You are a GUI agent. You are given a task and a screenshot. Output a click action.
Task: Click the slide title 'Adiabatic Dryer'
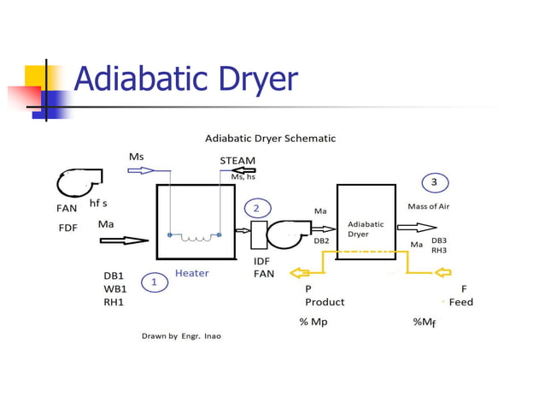pos(185,80)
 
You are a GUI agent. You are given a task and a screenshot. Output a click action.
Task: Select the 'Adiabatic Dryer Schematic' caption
pos(270,138)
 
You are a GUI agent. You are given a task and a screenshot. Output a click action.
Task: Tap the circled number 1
pos(155,282)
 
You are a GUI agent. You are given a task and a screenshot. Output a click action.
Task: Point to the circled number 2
pos(257,208)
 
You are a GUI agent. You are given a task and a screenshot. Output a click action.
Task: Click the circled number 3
pos(434,182)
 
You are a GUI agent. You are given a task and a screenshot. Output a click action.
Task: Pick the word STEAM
pos(237,160)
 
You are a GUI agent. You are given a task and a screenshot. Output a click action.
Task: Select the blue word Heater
pos(191,273)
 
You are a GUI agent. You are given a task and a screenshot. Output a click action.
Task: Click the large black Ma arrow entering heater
pos(123,240)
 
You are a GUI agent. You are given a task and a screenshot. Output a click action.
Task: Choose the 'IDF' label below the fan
pos(262,260)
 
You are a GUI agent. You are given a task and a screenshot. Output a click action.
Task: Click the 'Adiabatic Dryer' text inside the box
pos(366,228)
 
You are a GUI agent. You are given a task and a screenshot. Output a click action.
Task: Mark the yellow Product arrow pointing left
pos(301,273)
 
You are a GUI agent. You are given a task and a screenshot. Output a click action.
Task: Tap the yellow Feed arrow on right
pos(442,273)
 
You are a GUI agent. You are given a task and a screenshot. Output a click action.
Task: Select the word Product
pos(325,302)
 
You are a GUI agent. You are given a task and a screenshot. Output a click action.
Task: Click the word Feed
pos(460,302)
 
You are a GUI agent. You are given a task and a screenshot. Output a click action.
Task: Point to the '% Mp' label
pos(314,322)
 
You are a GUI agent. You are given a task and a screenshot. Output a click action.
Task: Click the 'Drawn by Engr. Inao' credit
pos(181,335)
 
